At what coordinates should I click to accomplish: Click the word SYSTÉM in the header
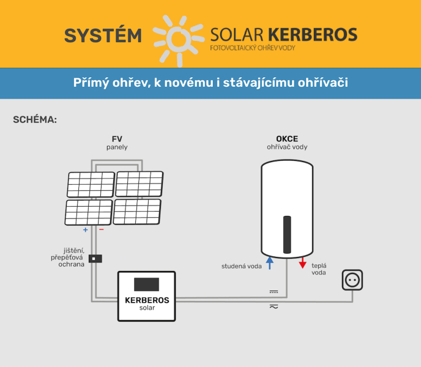[x=103, y=35]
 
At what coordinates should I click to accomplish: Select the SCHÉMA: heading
[x=35, y=119]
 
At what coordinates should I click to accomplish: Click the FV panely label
[x=117, y=143]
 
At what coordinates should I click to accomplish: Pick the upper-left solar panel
[x=91, y=184]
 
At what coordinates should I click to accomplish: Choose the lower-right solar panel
[x=137, y=212]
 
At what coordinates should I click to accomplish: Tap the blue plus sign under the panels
[x=85, y=230]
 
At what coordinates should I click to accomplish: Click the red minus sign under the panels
[x=102, y=230]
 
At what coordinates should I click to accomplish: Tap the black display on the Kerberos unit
[x=146, y=284]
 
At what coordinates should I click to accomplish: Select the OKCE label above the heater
[x=286, y=139]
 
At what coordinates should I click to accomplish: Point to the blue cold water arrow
[x=269, y=263]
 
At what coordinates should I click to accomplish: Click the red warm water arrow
[x=303, y=264]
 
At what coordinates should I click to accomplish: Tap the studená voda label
[x=242, y=266]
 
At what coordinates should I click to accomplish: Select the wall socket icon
[x=352, y=280]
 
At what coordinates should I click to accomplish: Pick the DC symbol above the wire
[x=274, y=292]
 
